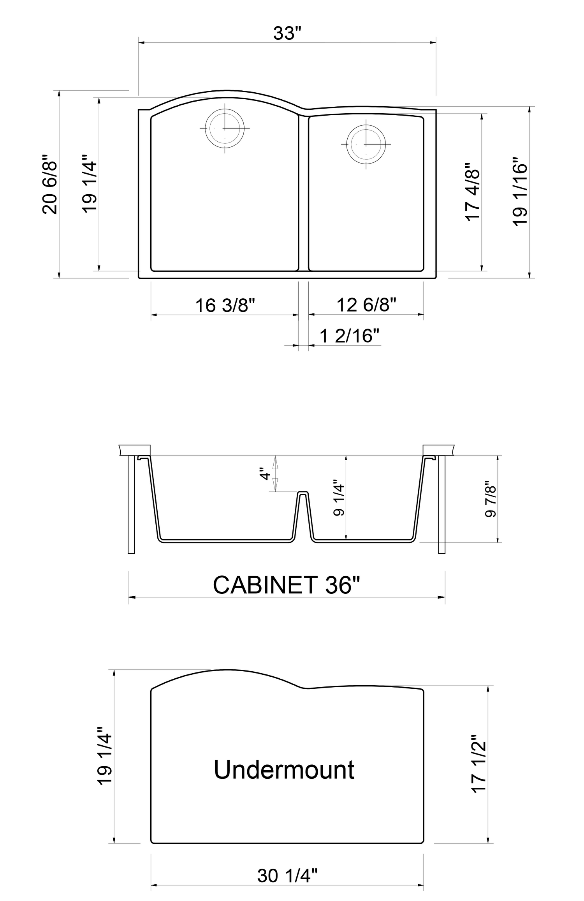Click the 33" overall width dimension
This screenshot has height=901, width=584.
[x=287, y=33]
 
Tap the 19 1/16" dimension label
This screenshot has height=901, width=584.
[x=520, y=192]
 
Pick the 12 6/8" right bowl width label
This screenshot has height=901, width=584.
[x=366, y=304]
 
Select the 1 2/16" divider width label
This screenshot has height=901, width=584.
[x=349, y=336]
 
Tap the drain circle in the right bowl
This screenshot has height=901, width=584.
[x=366, y=144]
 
